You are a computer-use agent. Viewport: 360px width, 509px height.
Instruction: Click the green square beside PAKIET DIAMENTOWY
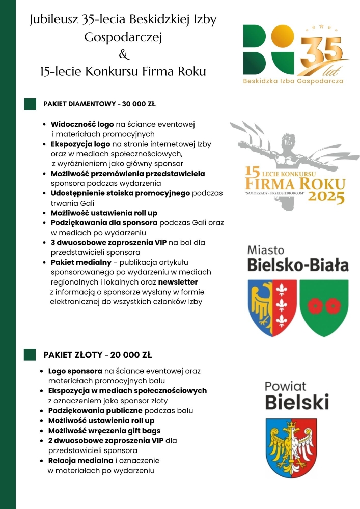(x=30, y=104)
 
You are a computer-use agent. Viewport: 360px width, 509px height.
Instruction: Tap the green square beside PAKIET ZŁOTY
(x=30, y=355)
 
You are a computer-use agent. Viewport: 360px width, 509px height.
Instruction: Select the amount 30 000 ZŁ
(x=139, y=104)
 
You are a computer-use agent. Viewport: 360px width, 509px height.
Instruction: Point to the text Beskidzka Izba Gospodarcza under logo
(x=293, y=80)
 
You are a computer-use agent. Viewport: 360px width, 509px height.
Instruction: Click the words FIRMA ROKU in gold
(x=295, y=184)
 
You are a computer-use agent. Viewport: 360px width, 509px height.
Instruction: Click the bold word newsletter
(x=178, y=281)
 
